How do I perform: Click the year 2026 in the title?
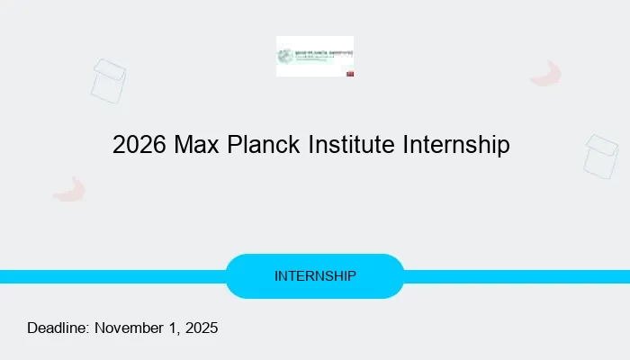pos(137,144)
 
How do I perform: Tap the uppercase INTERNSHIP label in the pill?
pos(315,276)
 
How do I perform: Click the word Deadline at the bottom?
pos(58,328)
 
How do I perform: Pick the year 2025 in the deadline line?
pos(202,328)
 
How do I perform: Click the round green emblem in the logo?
pos(287,55)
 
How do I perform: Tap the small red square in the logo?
pos(350,73)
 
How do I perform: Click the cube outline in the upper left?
pos(108,81)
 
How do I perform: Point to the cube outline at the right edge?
pos(601,157)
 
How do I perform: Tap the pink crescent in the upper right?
pos(546,75)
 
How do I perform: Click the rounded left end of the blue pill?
pos(236,276)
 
